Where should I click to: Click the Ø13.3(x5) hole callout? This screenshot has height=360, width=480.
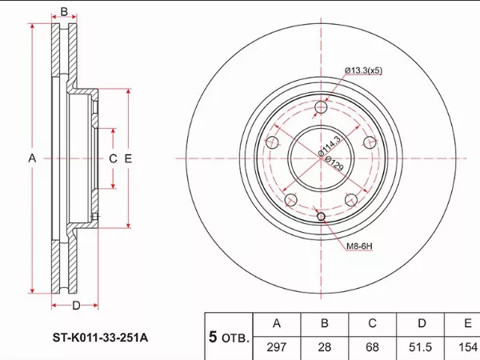pyautogui.click(x=363, y=70)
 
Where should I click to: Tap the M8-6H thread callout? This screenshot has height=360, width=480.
pyautogui.click(x=359, y=246)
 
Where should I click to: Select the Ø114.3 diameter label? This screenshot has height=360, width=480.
pyautogui.click(x=330, y=146)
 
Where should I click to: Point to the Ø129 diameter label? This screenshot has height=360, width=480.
pyautogui.click(x=334, y=163)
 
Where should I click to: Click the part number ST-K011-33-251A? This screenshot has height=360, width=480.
pyautogui.click(x=101, y=338)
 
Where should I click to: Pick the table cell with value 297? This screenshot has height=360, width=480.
pyautogui.click(x=277, y=347)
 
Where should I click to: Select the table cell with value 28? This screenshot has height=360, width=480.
pyautogui.click(x=325, y=347)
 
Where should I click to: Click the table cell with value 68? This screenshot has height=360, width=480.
pyautogui.click(x=372, y=347)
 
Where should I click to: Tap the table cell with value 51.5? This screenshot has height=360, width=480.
pyautogui.click(x=420, y=347)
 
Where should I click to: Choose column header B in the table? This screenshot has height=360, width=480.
pyautogui.click(x=325, y=323)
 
